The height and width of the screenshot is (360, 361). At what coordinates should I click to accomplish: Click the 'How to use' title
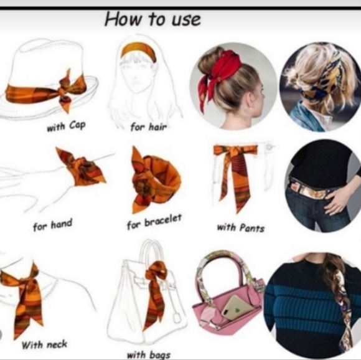click(x=152, y=19)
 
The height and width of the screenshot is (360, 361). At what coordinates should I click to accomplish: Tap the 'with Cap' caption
click(x=66, y=126)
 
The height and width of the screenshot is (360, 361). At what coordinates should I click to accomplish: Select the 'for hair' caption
click(x=149, y=126)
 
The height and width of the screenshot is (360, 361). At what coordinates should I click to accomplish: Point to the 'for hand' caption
click(x=53, y=225)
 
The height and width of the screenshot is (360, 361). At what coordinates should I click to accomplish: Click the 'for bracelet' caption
click(x=154, y=222)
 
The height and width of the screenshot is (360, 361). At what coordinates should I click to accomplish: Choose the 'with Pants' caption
click(x=241, y=228)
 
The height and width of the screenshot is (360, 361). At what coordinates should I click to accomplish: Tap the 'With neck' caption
click(x=44, y=345)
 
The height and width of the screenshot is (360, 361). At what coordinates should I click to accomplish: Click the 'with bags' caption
click(x=149, y=354)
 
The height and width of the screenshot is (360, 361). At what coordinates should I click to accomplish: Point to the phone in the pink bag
click(x=238, y=307)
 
